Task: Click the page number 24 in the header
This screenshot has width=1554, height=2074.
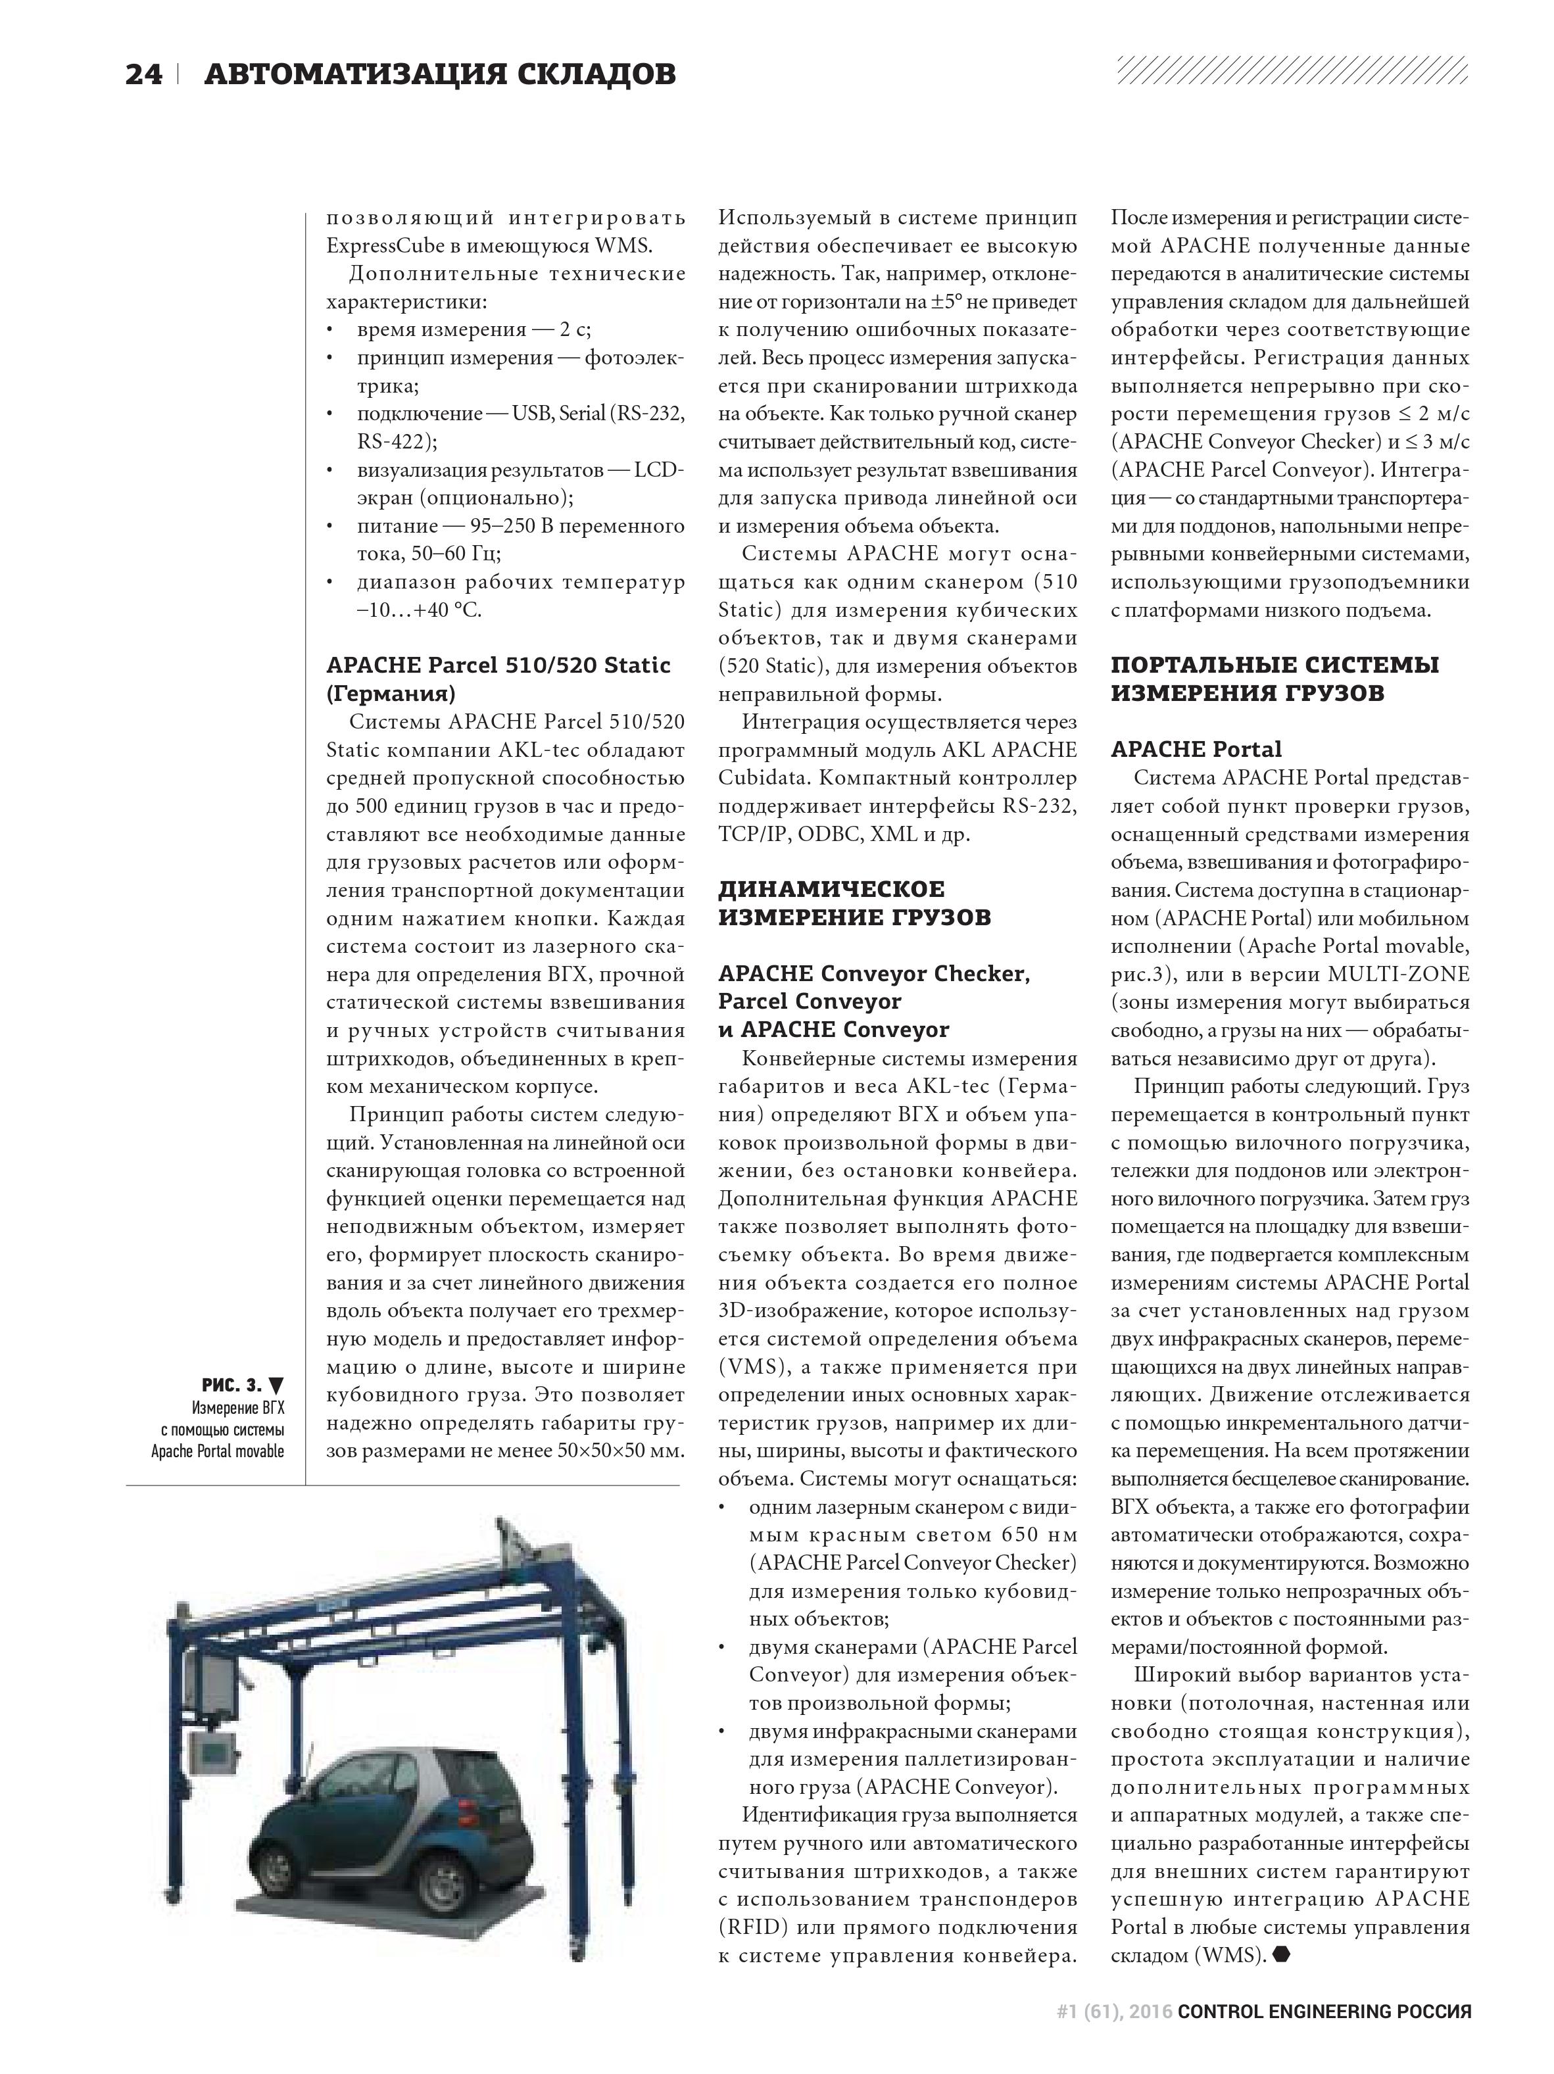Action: pyautogui.click(x=143, y=75)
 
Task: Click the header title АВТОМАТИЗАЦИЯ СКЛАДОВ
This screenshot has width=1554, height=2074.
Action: pyautogui.click(x=439, y=75)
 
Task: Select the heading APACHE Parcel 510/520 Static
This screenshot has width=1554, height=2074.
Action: pyautogui.click(x=497, y=665)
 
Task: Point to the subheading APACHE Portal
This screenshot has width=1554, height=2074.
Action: pyautogui.click(x=1196, y=749)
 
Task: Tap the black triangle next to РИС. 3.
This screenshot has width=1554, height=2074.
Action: pyautogui.click(x=276, y=1385)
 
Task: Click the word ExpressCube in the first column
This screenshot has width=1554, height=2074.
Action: pyautogui.click(x=383, y=246)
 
